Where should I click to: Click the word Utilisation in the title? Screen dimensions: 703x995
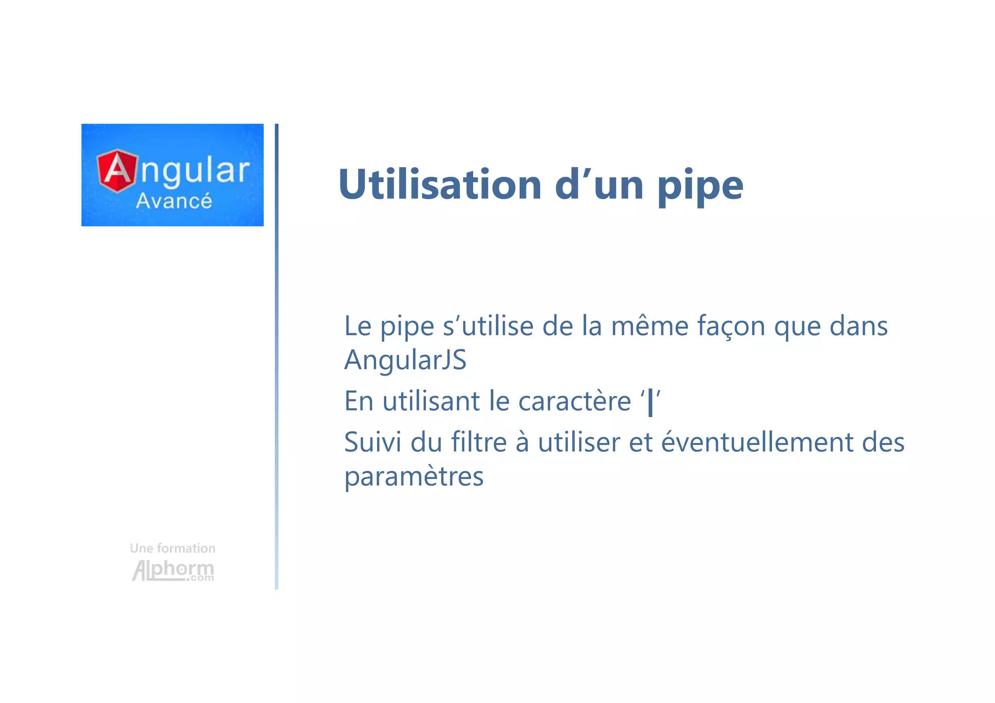440,185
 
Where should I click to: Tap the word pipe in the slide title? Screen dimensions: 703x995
700,187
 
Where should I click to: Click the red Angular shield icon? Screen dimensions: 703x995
117,171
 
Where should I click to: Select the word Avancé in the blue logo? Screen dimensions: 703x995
174,201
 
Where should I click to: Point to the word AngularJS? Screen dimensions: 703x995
405,360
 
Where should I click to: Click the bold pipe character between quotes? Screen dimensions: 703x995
651,402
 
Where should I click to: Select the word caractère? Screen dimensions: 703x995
574,401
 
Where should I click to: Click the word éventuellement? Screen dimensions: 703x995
756,442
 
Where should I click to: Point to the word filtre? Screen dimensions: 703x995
479,442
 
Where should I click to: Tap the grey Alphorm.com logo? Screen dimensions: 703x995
173,570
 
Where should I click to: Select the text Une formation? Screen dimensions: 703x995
172,548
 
